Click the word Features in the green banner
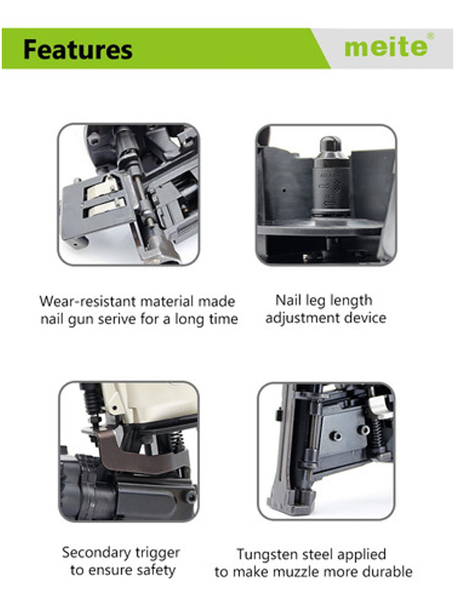coord(78,49)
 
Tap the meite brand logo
coord(386,46)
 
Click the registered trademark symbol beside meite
coord(430,36)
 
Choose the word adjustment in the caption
coord(297,318)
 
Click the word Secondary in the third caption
coord(92,553)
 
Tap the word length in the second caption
coord(351,300)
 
